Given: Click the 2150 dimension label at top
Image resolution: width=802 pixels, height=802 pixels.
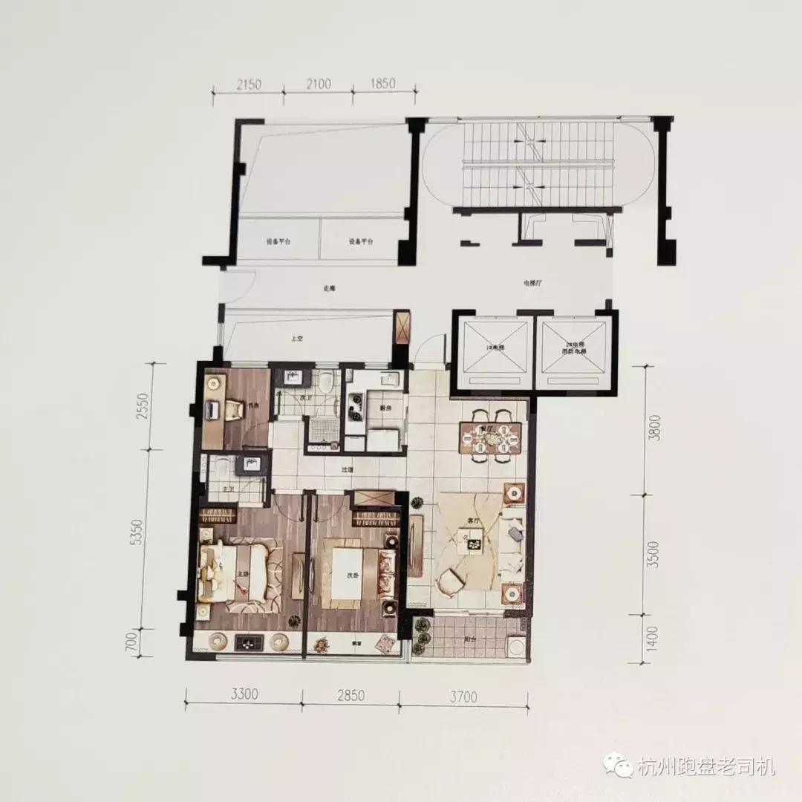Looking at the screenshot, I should (x=248, y=83).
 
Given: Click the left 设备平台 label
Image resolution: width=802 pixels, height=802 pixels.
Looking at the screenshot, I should (x=278, y=242).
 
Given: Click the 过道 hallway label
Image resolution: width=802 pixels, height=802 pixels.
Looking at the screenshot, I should (x=347, y=469).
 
